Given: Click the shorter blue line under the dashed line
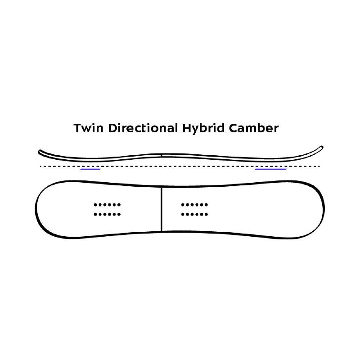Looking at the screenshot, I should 90,170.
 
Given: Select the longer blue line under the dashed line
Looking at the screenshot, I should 270,170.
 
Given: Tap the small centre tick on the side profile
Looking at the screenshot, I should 161,155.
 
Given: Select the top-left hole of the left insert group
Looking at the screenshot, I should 95,205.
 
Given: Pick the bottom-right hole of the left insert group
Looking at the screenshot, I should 119,214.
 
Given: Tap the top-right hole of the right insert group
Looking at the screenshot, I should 207,205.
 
